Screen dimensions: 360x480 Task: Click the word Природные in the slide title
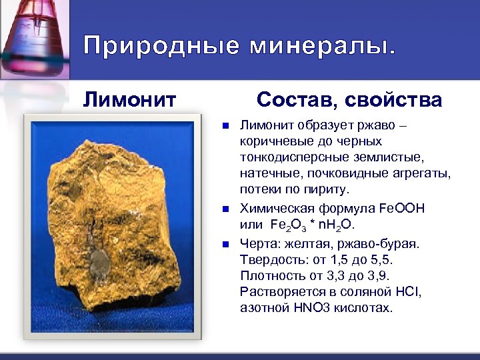point(159,46)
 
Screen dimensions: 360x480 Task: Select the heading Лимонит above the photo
point(129,100)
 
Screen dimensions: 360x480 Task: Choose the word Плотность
point(272,275)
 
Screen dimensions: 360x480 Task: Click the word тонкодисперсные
point(289,157)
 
